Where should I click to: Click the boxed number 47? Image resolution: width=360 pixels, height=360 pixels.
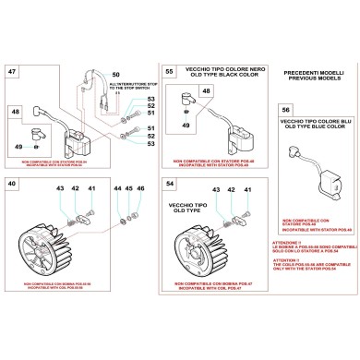(x=12, y=71)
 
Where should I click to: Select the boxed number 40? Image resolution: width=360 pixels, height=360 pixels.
(x=12, y=185)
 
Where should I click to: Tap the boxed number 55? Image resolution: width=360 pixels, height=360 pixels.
(x=168, y=71)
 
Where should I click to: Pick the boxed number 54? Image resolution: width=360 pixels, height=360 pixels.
(x=168, y=186)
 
